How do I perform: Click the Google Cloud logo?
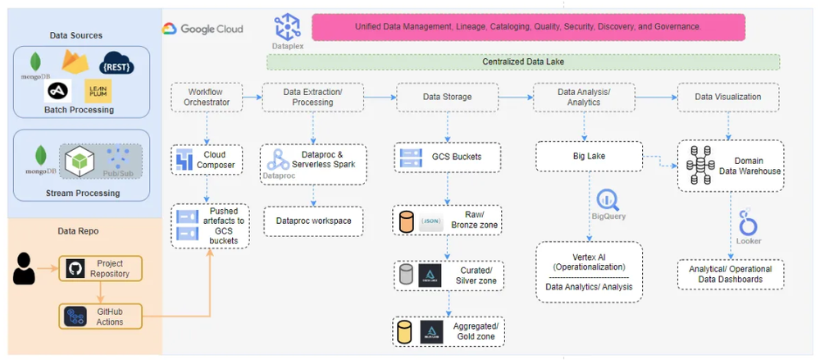(203, 29)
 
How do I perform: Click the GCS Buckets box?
(448, 157)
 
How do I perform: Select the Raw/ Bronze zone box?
(448, 220)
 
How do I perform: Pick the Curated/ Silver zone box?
(448, 275)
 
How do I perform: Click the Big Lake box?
(587, 157)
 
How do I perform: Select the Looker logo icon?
(747, 222)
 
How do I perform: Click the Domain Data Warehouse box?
(731, 166)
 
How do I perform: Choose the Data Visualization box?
(727, 97)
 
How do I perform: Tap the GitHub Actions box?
(99, 317)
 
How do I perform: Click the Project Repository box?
(99, 268)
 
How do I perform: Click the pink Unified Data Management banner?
(527, 26)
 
